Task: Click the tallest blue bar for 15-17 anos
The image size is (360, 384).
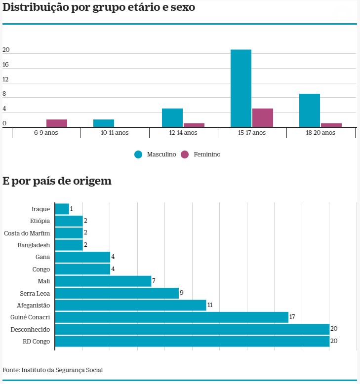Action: tap(241, 88)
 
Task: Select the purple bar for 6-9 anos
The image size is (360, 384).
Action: tap(57, 123)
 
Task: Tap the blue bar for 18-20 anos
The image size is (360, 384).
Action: tap(310, 111)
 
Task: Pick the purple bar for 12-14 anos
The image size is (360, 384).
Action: tap(194, 125)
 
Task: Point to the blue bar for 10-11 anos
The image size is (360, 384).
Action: tap(104, 123)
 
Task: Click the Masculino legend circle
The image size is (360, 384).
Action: tap(138, 154)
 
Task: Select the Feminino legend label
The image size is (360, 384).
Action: tap(207, 154)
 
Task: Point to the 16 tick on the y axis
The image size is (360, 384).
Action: tap(6, 65)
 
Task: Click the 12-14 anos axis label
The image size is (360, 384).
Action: tap(183, 133)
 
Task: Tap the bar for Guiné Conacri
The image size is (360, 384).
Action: tap(171, 317)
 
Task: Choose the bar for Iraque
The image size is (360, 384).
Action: tap(62, 209)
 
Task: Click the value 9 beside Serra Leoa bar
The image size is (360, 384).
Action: tap(182, 293)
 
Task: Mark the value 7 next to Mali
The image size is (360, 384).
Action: tap(154, 281)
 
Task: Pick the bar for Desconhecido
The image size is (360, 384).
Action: tap(192, 329)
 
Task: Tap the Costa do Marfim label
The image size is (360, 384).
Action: tap(27, 233)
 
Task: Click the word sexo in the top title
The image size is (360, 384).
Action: tap(181, 8)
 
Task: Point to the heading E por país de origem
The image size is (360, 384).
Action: tap(57, 181)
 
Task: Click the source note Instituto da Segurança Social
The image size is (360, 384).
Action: tap(62, 370)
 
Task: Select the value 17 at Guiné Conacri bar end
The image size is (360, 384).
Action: tap(292, 317)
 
